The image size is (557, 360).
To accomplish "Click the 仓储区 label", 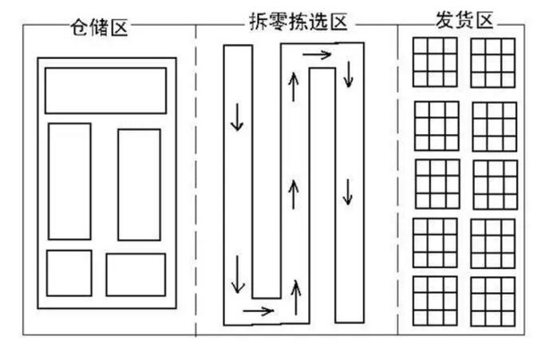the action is click(x=99, y=27).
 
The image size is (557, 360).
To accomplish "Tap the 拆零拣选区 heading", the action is click(x=298, y=22).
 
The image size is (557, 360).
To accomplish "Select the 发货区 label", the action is click(x=464, y=20).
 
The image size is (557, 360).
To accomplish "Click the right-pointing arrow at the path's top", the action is click(x=317, y=54).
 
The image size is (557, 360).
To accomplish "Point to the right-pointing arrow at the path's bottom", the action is click(x=259, y=311).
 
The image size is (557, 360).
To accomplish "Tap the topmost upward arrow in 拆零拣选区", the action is click(x=294, y=87).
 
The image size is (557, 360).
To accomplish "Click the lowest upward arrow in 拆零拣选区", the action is click(x=296, y=298).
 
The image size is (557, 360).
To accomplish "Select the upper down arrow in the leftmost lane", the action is click(x=237, y=117).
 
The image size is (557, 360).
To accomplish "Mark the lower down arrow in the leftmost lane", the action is click(x=238, y=274).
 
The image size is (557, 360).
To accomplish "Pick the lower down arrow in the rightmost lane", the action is click(x=348, y=192).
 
